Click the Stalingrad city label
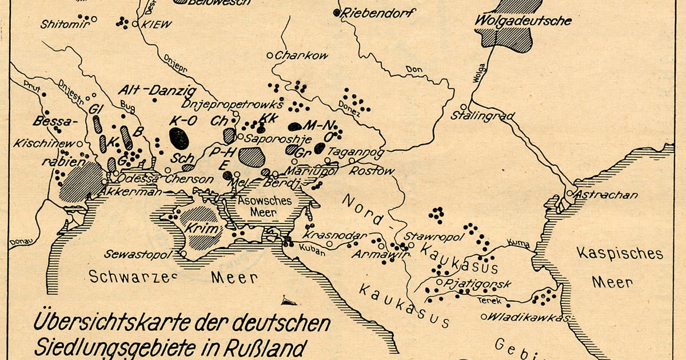pos(482,116)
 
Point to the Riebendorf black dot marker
pos(337,13)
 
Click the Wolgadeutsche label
pos(523,22)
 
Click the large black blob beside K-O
pos(179,138)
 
